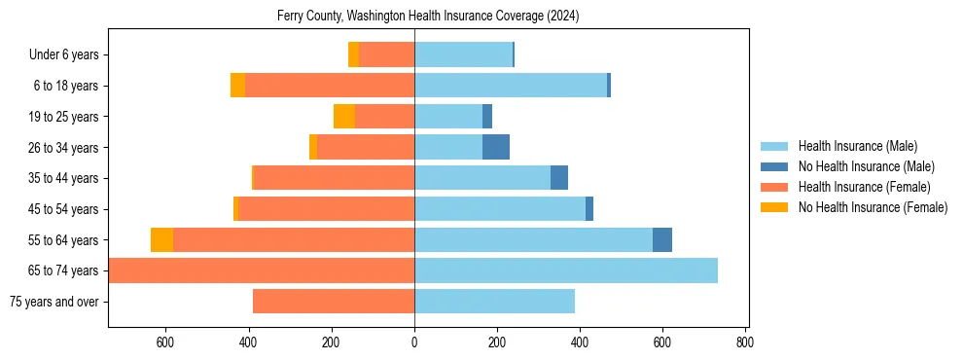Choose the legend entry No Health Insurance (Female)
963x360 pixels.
tap(872, 207)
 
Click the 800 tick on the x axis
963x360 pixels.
tap(745, 342)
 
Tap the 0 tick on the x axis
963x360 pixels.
tap(414, 342)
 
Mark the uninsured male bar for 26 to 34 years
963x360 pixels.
tap(496, 148)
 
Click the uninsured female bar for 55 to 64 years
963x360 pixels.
tap(161, 240)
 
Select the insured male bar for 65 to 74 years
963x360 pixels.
tap(566, 270)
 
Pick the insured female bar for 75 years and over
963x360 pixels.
tap(334, 302)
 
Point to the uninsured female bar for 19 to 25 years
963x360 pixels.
tap(344, 117)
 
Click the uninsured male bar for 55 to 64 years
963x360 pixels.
tap(662, 240)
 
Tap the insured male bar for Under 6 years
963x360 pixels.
tap(463, 55)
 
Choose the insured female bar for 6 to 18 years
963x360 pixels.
tap(330, 86)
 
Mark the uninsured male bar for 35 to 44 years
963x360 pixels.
tap(559, 178)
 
